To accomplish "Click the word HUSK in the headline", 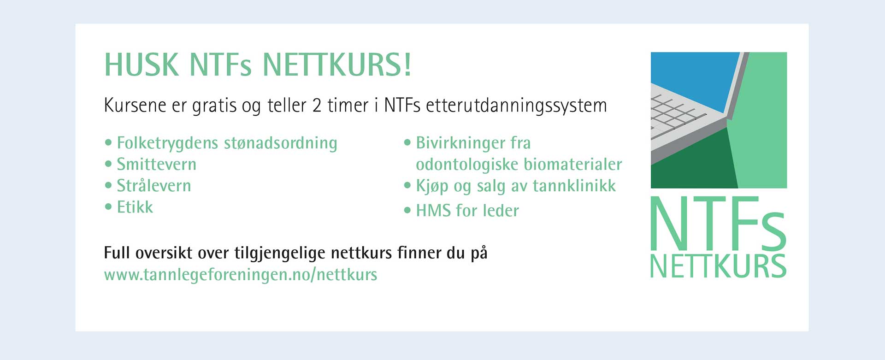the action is (x=142, y=65).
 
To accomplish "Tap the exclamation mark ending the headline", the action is (x=407, y=65).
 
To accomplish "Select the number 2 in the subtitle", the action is (x=317, y=105).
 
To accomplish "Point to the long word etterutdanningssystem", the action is (x=516, y=106).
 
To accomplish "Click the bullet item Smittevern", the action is (x=157, y=164).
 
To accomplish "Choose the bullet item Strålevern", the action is (x=154, y=185).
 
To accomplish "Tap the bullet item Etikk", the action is (x=135, y=207).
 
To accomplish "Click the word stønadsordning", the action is (x=281, y=143).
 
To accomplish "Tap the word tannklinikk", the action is (x=574, y=185).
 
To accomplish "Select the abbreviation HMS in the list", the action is (x=433, y=211).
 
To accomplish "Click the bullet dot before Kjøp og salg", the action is (x=407, y=186).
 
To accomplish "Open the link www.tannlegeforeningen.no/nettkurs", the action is (x=241, y=275).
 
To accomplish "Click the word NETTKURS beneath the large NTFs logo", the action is (x=718, y=266).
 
